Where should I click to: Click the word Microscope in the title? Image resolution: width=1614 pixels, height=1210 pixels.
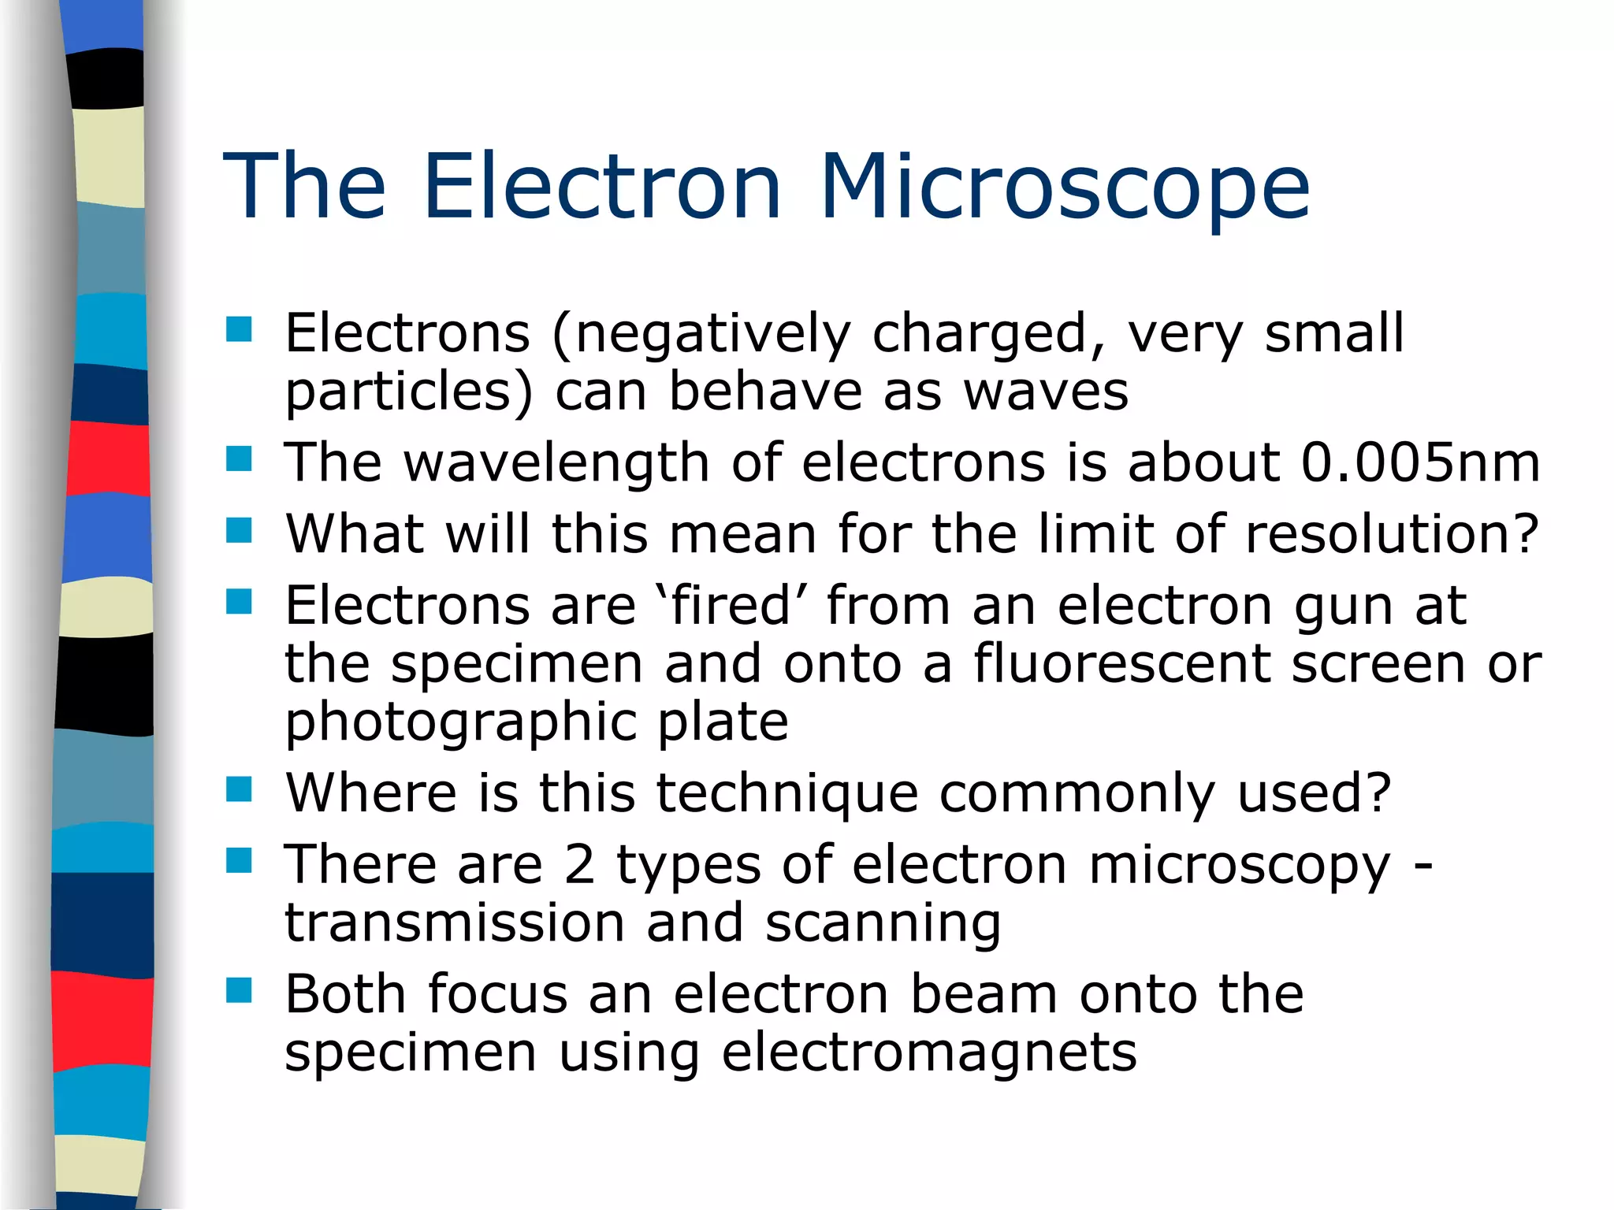[x=1065, y=187]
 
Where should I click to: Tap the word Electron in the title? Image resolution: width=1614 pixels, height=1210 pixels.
[x=602, y=187]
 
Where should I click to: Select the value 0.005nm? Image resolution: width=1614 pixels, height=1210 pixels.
[x=1419, y=462]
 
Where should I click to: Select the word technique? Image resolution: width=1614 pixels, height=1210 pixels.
[x=787, y=794]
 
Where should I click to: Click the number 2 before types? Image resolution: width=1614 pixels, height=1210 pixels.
[x=579, y=865]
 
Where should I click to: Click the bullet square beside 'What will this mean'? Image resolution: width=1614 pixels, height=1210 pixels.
[x=239, y=531]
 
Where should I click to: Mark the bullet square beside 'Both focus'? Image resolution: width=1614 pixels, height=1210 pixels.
[x=239, y=990]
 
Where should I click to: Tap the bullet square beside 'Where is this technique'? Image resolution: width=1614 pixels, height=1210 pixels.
[x=239, y=789]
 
